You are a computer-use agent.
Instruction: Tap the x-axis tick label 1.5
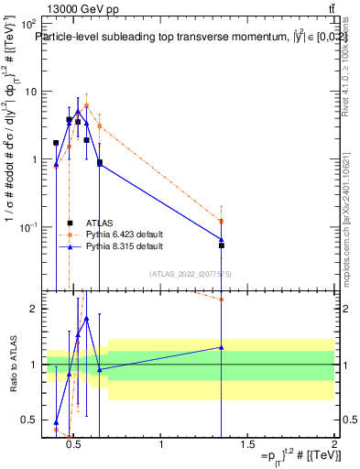[x=247, y=446]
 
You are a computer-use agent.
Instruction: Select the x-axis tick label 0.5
[x=75, y=446]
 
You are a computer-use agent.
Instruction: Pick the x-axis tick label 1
[x=161, y=446]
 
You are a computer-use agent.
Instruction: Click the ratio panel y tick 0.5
[x=30, y=420]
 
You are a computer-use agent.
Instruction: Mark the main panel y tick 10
[x=30, y=92]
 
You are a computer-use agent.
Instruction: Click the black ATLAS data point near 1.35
[x=222, y=245]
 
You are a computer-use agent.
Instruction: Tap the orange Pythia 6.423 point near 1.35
[x=222, y=222]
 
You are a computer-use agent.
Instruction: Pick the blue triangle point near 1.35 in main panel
[x=222, y=239]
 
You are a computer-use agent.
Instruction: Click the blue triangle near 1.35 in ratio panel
[x=222, y=347]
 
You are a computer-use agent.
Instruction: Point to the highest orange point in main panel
[x=86, y=105]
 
